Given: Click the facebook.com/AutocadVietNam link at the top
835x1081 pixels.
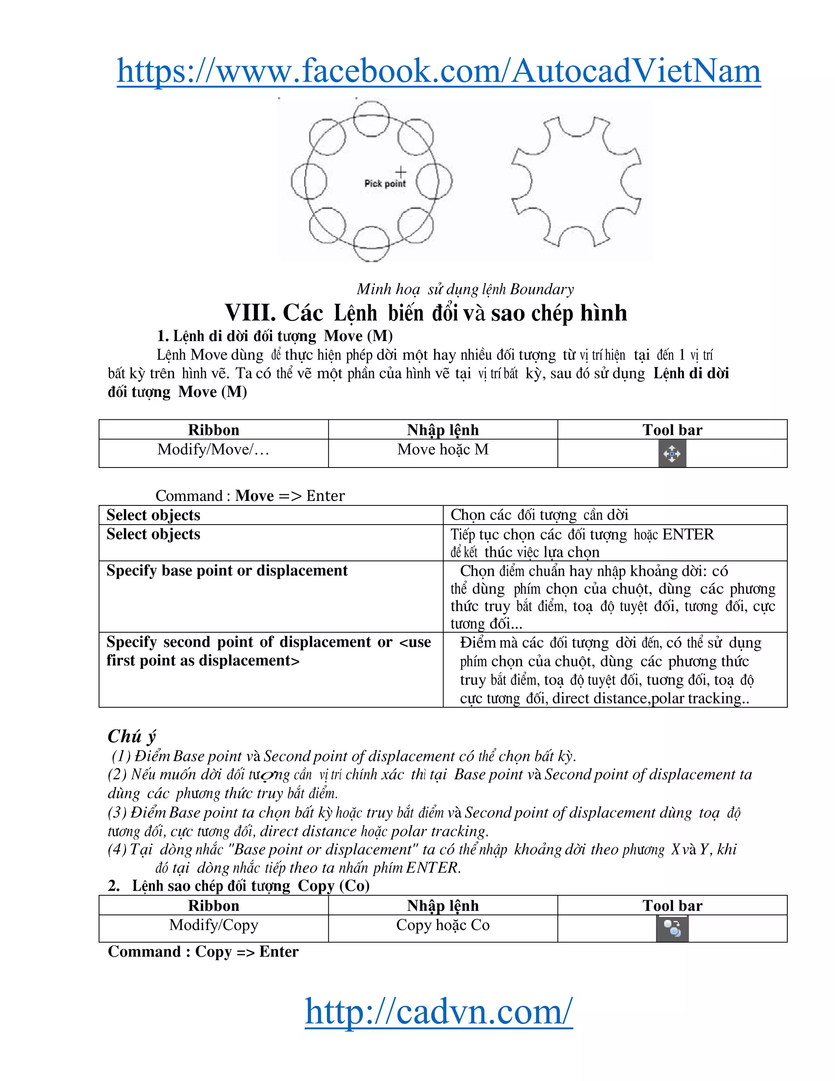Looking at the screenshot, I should (438, 71).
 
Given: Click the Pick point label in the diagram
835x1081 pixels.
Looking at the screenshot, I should (385, 184).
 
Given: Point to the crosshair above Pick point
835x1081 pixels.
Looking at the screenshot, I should (401, 172).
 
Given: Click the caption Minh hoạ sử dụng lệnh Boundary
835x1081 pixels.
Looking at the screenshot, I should (465, 289).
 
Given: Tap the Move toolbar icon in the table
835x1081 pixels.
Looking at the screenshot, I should (672, 453).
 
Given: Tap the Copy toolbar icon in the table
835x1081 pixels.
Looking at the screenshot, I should (672, 928).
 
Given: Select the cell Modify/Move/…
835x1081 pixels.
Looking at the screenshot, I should (213, 450).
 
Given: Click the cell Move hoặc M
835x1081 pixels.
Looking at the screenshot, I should (443, 450).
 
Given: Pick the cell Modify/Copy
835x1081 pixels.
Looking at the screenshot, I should (213, 925).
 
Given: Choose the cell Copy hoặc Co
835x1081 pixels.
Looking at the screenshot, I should (443, 925).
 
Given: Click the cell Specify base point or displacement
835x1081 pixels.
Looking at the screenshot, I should (227, 570).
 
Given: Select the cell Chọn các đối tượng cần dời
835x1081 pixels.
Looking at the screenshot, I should (539, 515).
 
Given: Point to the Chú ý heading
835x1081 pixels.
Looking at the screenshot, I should (132, 736).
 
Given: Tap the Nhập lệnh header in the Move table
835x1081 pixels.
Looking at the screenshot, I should (443, 430).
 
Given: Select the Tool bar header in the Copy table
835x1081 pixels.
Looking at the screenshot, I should (672, 905).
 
